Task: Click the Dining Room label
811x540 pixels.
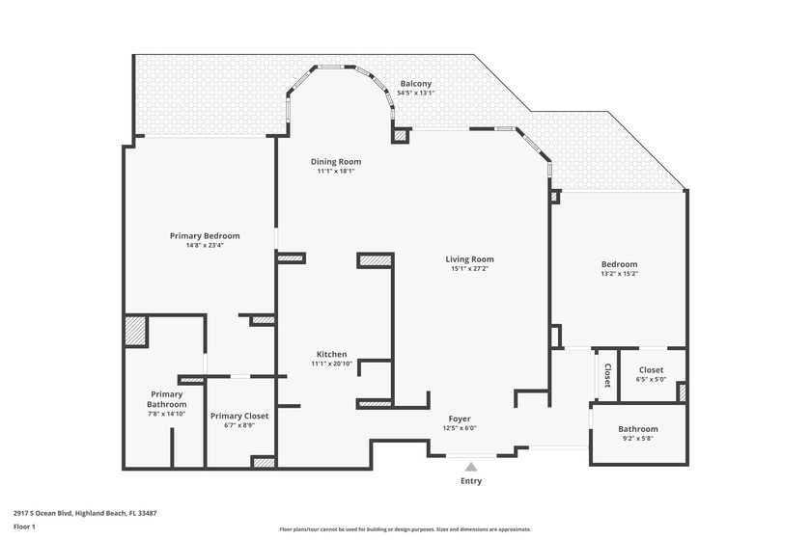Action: click(x=336, y=161)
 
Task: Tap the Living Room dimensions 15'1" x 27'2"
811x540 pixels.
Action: click(x=470, y=269)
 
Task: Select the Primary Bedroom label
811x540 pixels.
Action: click(x=205, y=235)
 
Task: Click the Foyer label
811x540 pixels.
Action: click(x=460, y=418)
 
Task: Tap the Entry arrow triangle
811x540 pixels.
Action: click(x=471, y=467)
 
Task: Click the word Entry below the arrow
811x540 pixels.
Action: click(x=471, y=481)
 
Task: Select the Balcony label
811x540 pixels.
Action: click(x=416, y=84)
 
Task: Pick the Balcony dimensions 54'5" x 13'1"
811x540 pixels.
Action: click(x=416, y=94)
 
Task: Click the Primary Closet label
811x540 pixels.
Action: click(x=239, y=416)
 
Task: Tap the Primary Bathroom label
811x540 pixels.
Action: click(x=166, y=398)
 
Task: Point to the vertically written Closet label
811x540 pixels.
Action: click(x=607, y=374)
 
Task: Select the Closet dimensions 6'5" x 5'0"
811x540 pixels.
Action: click(x=651, y=380)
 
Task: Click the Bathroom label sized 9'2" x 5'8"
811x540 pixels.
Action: click(x=638, y=429)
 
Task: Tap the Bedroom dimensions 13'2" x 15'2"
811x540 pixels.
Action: click(x=619, y=274)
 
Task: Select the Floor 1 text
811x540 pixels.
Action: click(x=24, y=526)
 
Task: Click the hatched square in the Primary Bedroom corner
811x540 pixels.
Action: click(x=135, y=331)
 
